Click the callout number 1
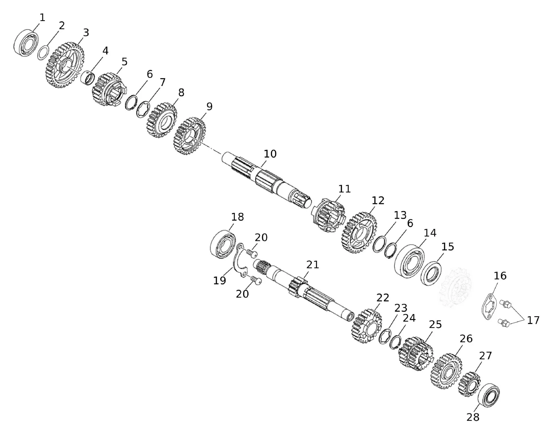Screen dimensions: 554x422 pos(42,18)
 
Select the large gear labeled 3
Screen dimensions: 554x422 pos(64,65)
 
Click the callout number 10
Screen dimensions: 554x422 pos(270,154)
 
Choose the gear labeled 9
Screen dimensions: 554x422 pos(191,136)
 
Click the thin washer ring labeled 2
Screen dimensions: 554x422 pos(43,53)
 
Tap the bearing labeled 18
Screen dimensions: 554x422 pos(223,244)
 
